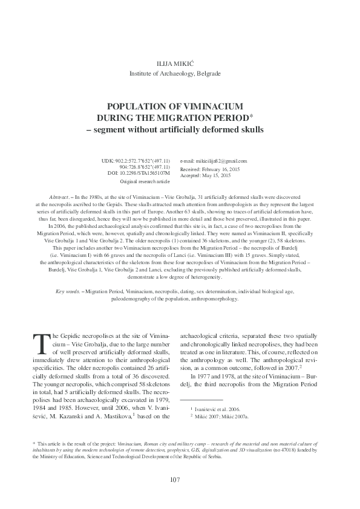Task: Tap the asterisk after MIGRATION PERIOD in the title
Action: [x=251, y=115]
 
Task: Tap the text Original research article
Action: [x=145, y=181]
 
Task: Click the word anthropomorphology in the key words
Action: [x=211, y=298]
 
